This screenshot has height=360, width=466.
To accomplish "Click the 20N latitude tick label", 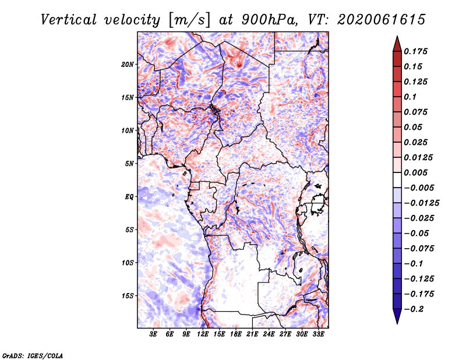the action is [128, 65].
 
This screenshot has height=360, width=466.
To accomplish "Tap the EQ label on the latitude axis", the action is [129, 197].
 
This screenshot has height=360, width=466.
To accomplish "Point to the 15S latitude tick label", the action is [128, 296].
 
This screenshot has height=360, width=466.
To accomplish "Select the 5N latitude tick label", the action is [129, 164].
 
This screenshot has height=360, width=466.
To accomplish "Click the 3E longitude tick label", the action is [153, 334].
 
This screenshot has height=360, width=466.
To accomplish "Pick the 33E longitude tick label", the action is [318, 334].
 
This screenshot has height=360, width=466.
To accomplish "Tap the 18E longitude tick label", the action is [236, 334].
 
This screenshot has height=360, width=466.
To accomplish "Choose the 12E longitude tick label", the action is [203, 334].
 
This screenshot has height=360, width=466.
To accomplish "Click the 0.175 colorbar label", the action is [415, 51].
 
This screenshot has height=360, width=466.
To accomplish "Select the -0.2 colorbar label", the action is [414, 309].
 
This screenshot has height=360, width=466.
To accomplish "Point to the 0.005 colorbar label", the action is [415, 172].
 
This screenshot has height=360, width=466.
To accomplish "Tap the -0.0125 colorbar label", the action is [421, 203].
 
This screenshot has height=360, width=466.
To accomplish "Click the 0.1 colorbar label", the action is [410, 97].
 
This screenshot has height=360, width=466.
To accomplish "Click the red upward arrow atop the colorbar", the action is [397, 44].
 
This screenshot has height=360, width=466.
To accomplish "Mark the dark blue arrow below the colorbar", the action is [397, 316].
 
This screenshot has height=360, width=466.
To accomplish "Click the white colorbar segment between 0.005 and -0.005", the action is [397, 180].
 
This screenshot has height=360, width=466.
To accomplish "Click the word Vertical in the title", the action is [69, 20].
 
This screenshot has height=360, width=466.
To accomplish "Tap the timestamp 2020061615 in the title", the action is [382, 20].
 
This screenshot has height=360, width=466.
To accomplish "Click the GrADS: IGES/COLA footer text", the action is [33, 356].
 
